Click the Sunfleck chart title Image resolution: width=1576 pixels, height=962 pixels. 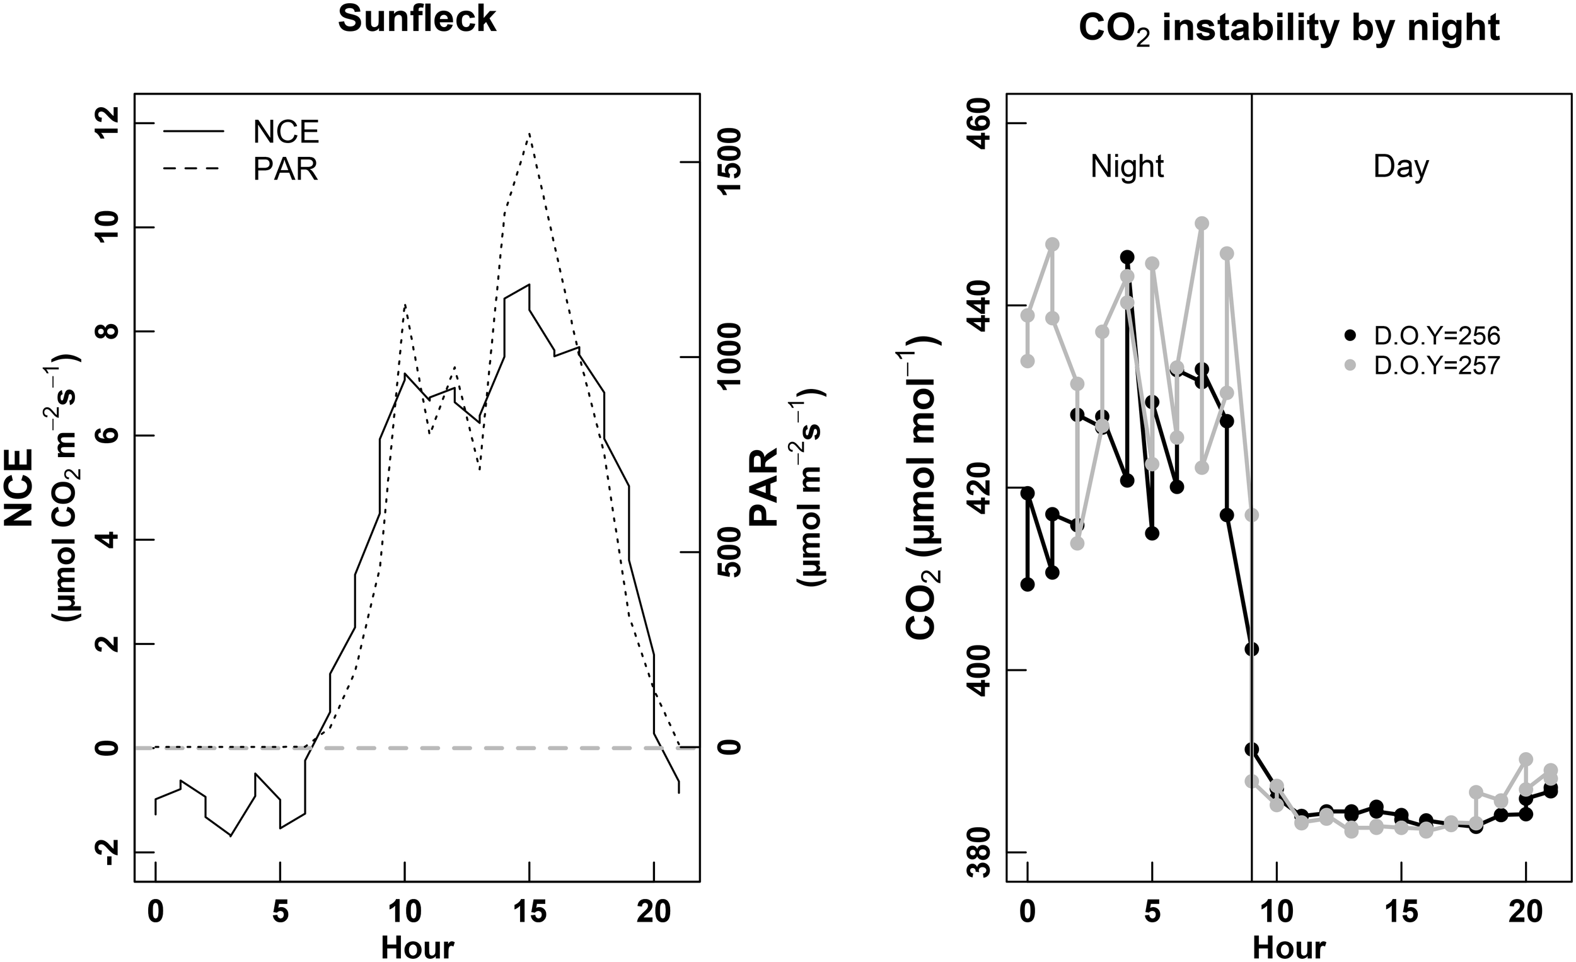pyautogui.click(x=417, y=19)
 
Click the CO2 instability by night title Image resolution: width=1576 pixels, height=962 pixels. pyautogui.click(x=1289, y=28)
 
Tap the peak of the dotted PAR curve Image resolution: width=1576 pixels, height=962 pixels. pyautogui.click(x=529, y=134)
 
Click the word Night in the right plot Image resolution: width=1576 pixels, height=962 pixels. pyautogui.click(x=1127, y=167)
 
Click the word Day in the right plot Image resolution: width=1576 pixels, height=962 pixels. pyautogui.click(x=1401, y=167)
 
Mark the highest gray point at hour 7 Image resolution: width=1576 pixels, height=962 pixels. pyautogui.click(x=1202, y=223)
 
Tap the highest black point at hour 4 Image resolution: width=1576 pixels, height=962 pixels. pyautogui.click(x=1127, y=257)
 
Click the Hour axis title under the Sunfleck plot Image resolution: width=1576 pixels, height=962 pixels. pyautogui.click(x=417, y=948)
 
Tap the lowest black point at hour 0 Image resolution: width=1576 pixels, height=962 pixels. pyautogui.click(x=1028, y=584)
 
